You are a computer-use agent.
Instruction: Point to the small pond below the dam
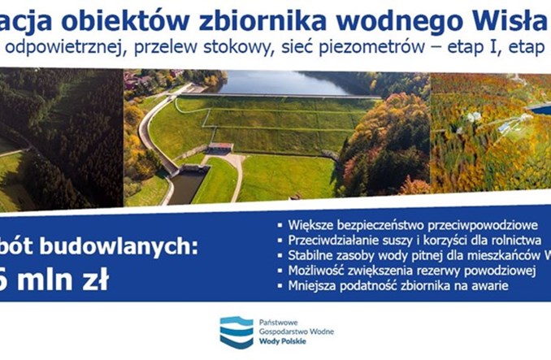coord(184,186)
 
